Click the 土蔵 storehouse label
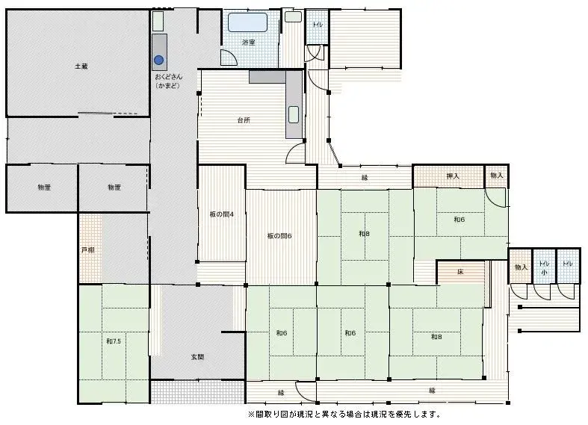[x=81, y=66]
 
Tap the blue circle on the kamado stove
[x=158, y=60]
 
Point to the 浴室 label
[x=249, y=43]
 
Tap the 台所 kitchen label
[x=244, y=120]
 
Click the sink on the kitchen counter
[x=294, y=114]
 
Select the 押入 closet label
[x=453, y=176]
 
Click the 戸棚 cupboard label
[x=88, y=249]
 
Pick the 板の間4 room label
[x=222, y=214]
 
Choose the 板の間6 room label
[x=279, y=236]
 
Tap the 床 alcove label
[x=460, y=273]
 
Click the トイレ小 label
[x=544, y=268]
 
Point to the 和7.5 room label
[x=114, y=341]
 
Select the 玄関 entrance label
[x=197, y=357]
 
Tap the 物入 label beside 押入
[x=496, y=176]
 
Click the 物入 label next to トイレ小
[x=520, y=267]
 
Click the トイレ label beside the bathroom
[x=318, y=25]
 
